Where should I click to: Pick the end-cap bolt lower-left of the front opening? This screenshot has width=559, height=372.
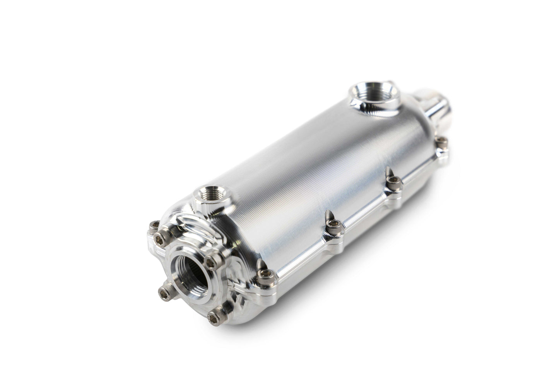click(162, 289)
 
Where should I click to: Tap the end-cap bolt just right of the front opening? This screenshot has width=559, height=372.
click(210, 262)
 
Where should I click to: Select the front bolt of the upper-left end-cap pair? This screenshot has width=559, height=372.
click(158, 236)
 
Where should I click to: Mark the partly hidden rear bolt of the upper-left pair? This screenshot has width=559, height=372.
click(154, 224)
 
